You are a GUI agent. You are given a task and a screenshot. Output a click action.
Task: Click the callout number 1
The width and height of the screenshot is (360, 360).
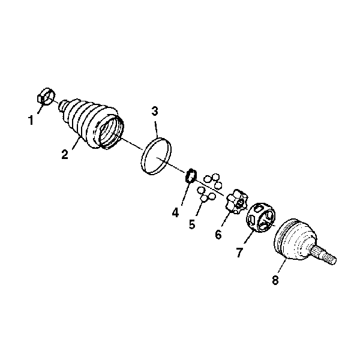31,120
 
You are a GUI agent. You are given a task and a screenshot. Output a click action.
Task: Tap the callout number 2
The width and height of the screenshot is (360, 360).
65,154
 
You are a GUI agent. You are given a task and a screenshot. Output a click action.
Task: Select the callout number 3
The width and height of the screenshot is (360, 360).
155,112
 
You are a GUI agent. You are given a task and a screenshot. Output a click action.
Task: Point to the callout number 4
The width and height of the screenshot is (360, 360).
175,212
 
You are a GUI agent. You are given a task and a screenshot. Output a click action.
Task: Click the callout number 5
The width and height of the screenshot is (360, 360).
192,224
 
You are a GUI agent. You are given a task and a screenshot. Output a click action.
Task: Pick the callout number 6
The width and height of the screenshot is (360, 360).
218,234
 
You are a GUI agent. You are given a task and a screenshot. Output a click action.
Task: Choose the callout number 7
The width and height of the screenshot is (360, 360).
239,253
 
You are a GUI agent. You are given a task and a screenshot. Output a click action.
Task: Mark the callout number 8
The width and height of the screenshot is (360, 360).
275,280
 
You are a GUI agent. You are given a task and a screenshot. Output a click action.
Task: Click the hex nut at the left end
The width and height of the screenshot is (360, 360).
46,97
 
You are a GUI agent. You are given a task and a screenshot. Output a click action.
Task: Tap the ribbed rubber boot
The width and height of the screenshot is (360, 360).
92,124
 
